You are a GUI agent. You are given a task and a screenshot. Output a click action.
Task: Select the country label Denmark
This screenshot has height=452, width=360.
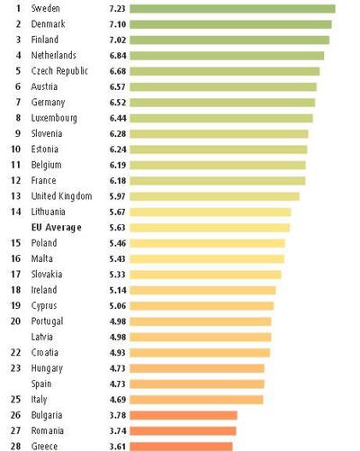pyautogui.click(x=48, y=24)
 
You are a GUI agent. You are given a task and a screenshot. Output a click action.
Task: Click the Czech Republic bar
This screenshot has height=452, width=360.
pyautogui.click(x=224, y=71)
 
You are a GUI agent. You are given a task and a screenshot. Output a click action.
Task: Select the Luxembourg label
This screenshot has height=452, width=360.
pyautogui.click(x=54, y=118)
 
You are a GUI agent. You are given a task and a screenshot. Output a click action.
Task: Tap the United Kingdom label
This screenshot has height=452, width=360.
pyautogui.click(x=60, y=196)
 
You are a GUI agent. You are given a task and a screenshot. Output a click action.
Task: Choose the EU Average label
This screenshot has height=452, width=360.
pyautogui.click(x=56, y=228)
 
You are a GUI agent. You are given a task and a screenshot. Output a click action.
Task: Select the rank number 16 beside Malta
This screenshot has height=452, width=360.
pyautogui.click(x=15, y=259)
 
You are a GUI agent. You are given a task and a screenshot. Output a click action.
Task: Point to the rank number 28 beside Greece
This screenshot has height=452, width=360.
pyautogui.click(x=15, y=446)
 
